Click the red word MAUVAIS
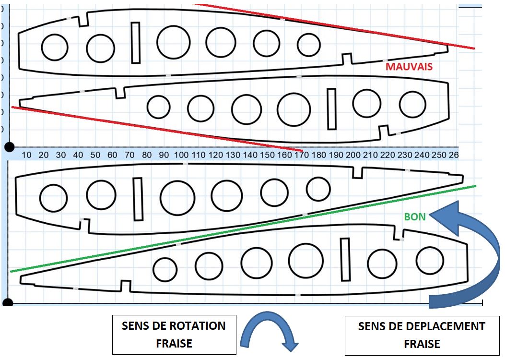pos(409,66)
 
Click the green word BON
pos(415,217)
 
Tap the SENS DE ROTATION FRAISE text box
pos(174,335)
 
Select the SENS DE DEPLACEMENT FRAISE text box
pos(422,335)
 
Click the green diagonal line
pos(240,228)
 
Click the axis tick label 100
pos(181,155)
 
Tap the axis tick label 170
pos(302,155)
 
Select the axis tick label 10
pos(27,155)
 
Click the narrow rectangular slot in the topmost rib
pos(136,43)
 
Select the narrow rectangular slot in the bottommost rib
pos(345,259)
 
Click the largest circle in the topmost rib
pos(174,42)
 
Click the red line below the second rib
pos(144,126)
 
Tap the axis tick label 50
pos(95,155)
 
